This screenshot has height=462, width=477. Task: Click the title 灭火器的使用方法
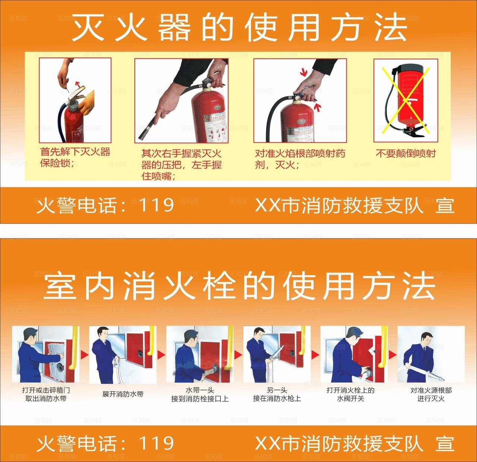tap(238, 28)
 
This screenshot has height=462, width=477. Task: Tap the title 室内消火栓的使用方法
tap(239, 287)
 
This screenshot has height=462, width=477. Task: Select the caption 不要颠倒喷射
tap(405, 154)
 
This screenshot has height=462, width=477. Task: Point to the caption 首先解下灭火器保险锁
tap(75, 157)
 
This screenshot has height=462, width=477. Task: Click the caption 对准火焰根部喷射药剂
tap(300, 159)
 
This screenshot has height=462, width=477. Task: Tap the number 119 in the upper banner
tap(156, 205)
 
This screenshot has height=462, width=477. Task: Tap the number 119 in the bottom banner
tap(156, 443)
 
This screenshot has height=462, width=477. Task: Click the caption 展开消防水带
tap(123, 394)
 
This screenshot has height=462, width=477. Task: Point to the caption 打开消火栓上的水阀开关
tap(350, 395)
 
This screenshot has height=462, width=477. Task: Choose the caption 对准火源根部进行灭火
tap(431, 395)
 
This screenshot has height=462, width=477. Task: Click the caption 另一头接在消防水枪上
tap(277, 395)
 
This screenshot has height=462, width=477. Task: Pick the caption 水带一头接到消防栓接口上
tap(200, 395)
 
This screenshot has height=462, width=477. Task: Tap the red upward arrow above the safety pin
tap(77, 82)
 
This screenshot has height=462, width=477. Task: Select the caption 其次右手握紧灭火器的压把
tap(181, 164)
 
